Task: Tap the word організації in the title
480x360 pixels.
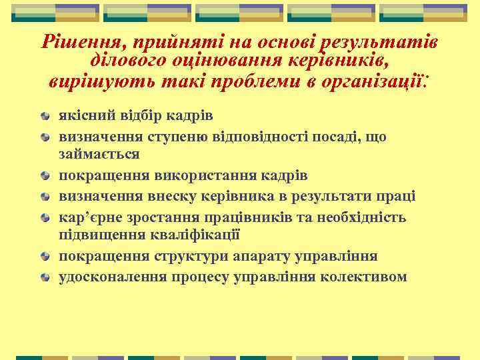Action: (x=375, y=83)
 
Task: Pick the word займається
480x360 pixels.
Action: (x=99, y=153)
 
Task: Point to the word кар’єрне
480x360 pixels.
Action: (x=89, y=217)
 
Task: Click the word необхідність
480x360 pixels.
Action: (x=360, y=217)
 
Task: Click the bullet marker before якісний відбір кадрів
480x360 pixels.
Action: (x=44, y=116)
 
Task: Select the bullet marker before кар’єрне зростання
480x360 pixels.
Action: (x=44, y=217)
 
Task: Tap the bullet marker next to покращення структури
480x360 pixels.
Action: (x=44, y=257)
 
